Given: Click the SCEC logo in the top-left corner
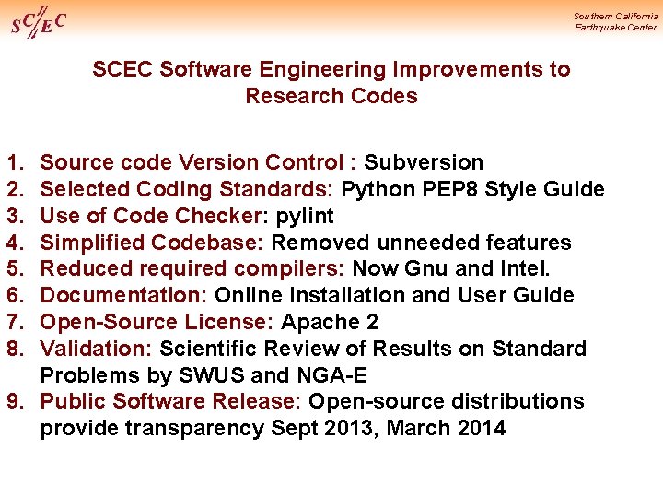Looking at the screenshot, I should point(39,22).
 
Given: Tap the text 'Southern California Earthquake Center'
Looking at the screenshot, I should point(615,21).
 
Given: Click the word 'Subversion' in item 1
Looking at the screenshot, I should point(424,162).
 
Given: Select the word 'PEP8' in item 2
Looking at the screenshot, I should point(446,189).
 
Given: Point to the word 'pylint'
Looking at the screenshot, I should point(305,216).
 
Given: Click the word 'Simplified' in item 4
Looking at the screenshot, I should point(93,243).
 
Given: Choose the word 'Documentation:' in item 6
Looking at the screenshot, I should point(124,295).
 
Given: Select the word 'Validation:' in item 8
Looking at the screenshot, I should point(97,349).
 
